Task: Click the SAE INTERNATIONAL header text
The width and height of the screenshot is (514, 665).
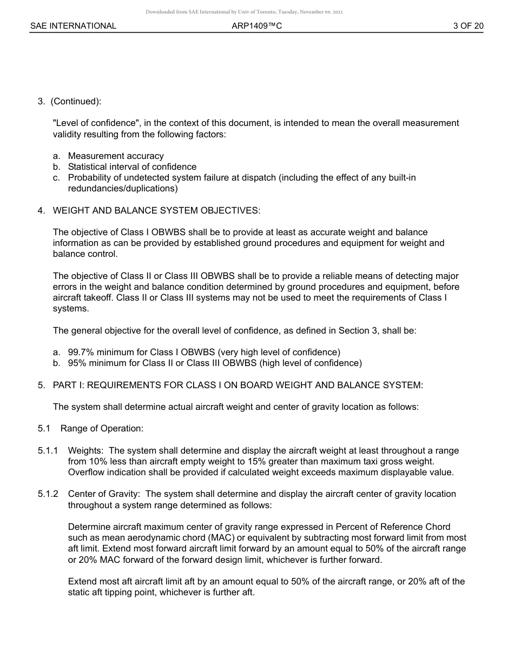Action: tap(73, 26)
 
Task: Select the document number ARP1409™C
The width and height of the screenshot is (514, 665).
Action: tap(257, 26)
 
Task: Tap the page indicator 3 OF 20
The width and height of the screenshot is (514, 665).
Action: tap(468, 26)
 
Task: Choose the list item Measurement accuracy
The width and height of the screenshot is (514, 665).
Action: tap(116, 156)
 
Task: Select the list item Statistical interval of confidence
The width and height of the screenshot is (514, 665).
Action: tap(132, 167)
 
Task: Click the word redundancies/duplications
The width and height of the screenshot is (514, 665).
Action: tap(122, 189)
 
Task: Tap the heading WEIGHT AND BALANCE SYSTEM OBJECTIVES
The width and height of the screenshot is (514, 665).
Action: tap(156, 210)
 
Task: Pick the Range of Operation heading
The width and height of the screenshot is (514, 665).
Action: tap(102, 428)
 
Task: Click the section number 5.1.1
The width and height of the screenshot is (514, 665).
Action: tap(48, 450)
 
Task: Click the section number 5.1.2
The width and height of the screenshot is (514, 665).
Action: tap(48, 494)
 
